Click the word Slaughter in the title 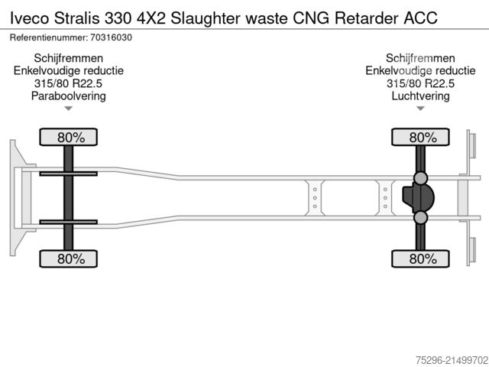[x=206, y=18]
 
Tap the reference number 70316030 [x=111, y=37]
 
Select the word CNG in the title [x=311, y=18]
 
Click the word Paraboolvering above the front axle [x=69, y=96]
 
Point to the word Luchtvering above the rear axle [x=420, y=96]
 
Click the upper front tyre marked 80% [x=68, y=137]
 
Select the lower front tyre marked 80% [x=68, y=258]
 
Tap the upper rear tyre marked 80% [x=420, y=137]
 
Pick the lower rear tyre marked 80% [x=420, y=258]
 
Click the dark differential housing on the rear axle [x=418, y=197]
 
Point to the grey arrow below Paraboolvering [x=68, y=109]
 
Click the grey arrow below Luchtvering [x=420, y=109]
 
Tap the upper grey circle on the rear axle [x=420, y=178]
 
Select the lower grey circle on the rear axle [x=420, y=217]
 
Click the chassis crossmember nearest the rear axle [x=385, y=197]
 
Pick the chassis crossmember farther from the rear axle [x=315, y=197]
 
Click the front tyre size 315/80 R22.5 [x=68, y=83]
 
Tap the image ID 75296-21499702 [x=452, y=360]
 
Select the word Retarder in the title [x=367, y=18]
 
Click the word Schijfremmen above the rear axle [x=420, y=58]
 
